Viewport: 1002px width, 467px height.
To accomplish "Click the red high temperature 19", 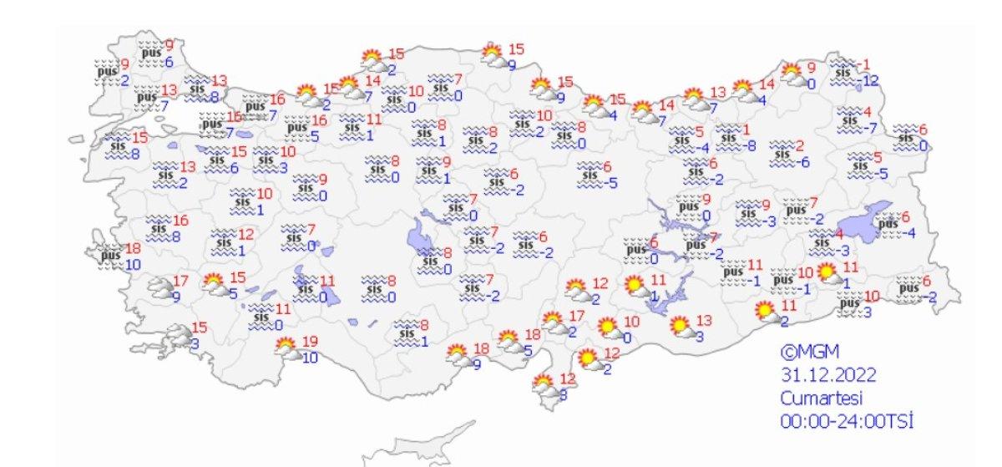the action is click(x=311, y=342).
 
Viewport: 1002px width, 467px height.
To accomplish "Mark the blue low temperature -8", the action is click(x=751, y=146).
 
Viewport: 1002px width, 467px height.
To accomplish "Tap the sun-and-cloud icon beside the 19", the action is click(x=286, y=348).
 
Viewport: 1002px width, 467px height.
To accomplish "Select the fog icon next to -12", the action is click(x=846, y=73).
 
